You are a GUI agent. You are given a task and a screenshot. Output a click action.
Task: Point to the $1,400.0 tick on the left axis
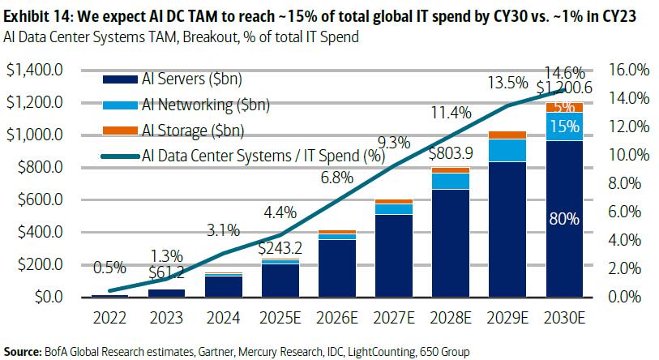[35, 71]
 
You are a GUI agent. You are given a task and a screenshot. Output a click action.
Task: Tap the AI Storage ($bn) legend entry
[192, 131]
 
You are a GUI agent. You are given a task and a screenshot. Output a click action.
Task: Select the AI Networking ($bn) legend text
[205, 105]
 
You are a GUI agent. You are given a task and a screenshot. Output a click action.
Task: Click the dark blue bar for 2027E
[393, 255]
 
